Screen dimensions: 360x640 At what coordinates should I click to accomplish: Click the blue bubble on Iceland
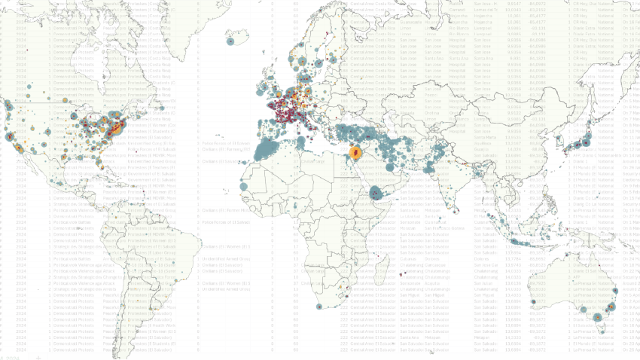(x=231, y=41)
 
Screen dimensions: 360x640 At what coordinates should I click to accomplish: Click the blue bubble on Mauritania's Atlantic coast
(x=243, y=185)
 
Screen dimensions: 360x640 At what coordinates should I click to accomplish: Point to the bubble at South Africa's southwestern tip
(x=322, y=307)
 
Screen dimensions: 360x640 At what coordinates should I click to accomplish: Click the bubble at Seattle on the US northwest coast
(x=9, y=106)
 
